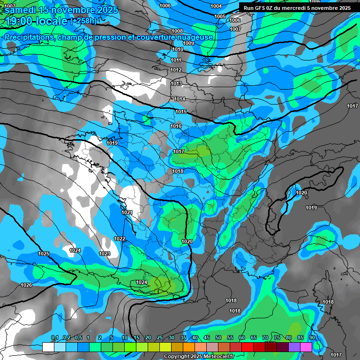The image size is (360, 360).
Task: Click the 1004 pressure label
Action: coord(216,6)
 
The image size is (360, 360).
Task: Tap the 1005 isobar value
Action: coord(220,16)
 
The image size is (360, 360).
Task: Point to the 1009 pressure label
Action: coord(188,43)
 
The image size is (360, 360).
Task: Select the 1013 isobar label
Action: coord(176,83)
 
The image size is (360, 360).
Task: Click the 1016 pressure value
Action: coord(176,126)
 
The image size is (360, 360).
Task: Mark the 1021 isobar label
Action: coord(127,212)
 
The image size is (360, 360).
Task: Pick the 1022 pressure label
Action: coord(120,239)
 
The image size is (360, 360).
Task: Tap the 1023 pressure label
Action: coord(105,254)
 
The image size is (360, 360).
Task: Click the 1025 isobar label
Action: coord(44,254)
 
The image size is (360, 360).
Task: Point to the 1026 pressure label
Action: coord(26,285)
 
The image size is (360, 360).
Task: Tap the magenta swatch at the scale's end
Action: coord(306,347)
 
